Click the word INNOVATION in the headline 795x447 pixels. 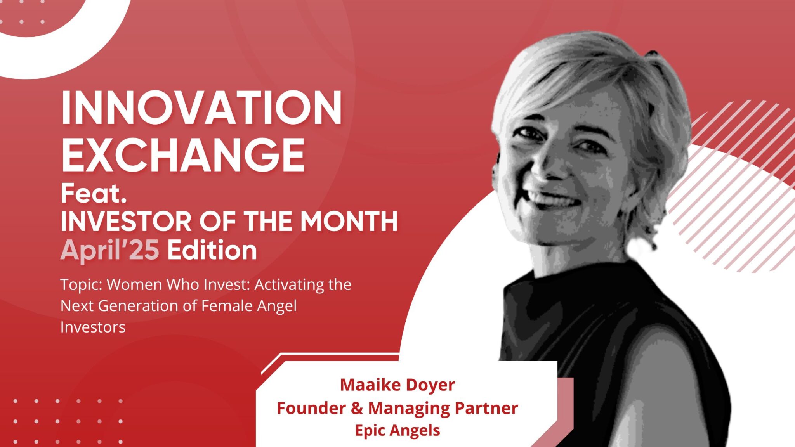click(201, 107)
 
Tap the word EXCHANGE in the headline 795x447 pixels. click(183, 155)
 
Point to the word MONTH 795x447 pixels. click(349, 221)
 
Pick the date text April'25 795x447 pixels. click(110, 250)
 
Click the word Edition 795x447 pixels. click(212, 250)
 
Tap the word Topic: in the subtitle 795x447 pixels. click(81, 285)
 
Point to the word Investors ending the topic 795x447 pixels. click(93, 327)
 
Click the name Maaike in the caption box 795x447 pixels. click(370, 385)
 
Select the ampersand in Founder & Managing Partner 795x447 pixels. click(357, 408)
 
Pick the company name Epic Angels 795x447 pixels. click(397, 430)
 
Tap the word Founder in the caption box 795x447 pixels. click(311, 408)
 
